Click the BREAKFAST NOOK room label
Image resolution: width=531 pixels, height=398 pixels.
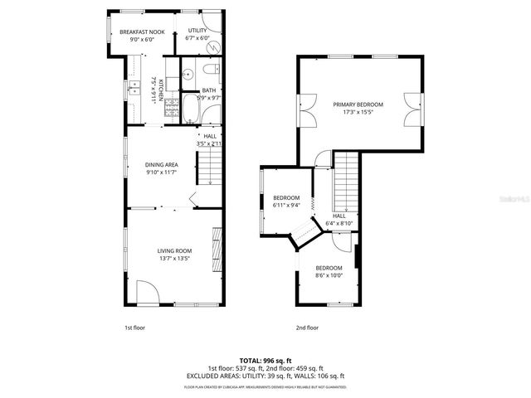pos(142,32)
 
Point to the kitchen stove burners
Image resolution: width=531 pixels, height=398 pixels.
pos(172,105)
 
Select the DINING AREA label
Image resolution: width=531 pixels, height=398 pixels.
pos(162,164)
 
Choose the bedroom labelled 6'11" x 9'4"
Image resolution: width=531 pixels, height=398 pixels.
pos(286,201)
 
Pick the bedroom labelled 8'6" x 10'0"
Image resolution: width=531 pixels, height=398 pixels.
pos(329,272)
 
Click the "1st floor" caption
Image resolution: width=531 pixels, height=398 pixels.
pos(134,328)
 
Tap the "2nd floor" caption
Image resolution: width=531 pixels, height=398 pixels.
pos(307,328)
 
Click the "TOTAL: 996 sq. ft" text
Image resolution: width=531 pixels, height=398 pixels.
pos(265,361)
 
